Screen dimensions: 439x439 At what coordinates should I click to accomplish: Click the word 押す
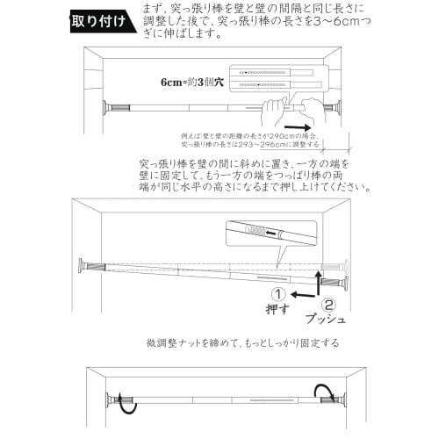277,310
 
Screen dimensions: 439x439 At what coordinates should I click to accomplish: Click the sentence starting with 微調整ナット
242,342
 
